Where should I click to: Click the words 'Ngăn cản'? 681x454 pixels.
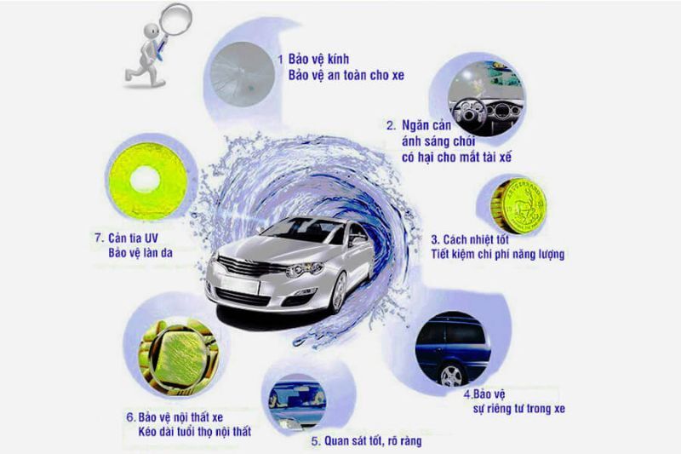pos(423,127)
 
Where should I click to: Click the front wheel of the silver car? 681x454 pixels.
pos(339,290)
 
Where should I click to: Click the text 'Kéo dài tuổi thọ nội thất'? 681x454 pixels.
pos(187,433)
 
